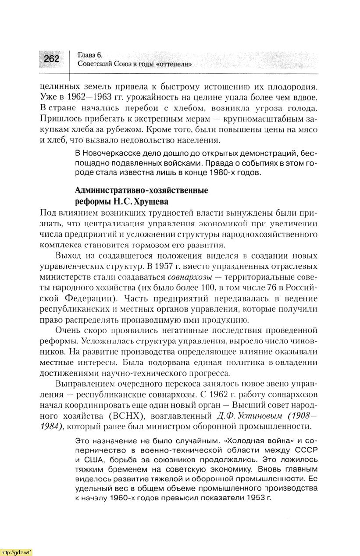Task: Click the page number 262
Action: pos(51,58)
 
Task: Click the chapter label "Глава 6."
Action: pos(89,55)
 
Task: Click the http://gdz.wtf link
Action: pos(16,552)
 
